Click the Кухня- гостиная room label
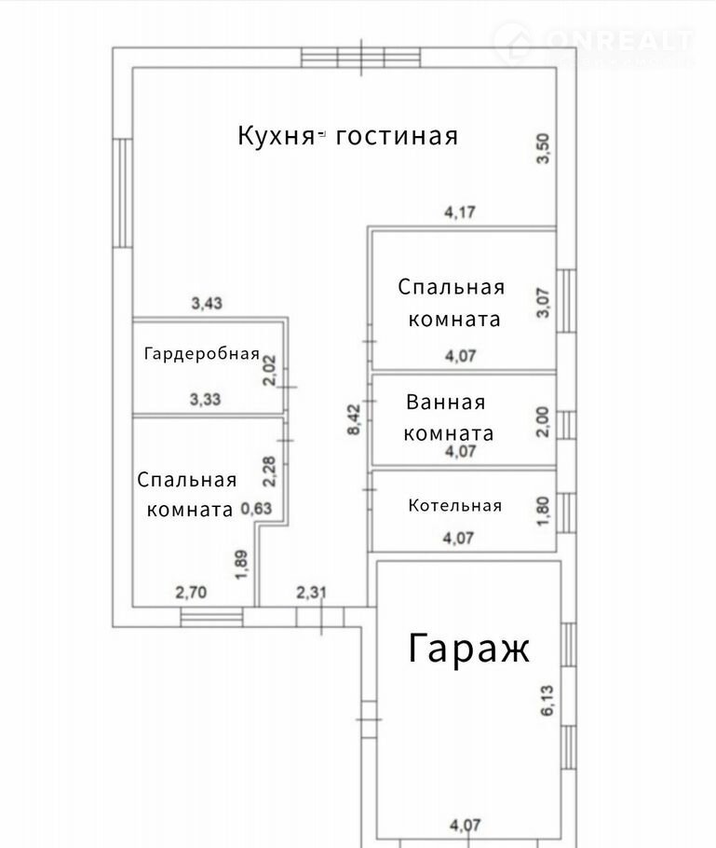pos(348,136)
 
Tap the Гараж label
pos(468,649)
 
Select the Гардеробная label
pos(201,354)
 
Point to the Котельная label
pos(455,505)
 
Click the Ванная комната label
pos(448,417)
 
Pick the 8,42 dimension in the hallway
pos(354,419)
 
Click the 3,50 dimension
pos(543,148)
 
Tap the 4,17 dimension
pos(460,212)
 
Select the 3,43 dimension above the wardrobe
pos(207,303)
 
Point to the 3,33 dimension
pos(206,399)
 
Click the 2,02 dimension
pos(269,370)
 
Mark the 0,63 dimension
pos(256,509)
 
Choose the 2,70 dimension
pos(191,592)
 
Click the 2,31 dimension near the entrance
pos(311,592)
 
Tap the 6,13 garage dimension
pos(547,701)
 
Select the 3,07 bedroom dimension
pos(543,303)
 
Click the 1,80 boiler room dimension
pos(543,511)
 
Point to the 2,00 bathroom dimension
pos(543,422)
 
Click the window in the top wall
pos(360,58)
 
